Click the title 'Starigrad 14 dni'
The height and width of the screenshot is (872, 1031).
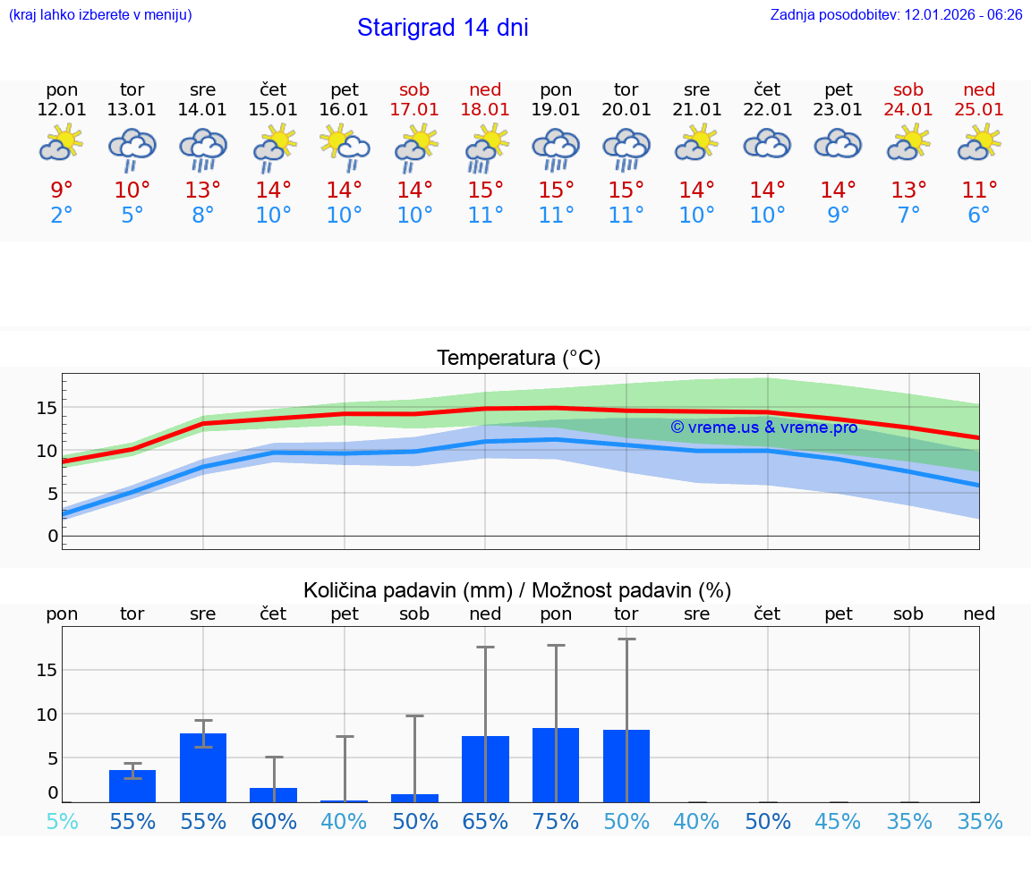click(x=442, y=28)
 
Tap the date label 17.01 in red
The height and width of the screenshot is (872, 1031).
click(x=414, y=109)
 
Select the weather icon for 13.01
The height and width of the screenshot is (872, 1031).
click(x=132, y=148)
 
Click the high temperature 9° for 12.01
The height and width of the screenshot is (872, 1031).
click(x=62, y=190)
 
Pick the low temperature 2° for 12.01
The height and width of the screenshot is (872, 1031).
click(x=62, y=216)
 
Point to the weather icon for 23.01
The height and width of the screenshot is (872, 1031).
click(x=838, y=145)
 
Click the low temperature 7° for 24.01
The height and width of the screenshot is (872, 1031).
click(x=908, y=216)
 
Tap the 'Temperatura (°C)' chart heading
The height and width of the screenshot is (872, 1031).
click(x=518, y=359)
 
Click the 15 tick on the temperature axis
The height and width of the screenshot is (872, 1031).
click(x=47, y=408)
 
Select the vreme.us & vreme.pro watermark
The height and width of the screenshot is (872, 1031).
click(x=764, y=428)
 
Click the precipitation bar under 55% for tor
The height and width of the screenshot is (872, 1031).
click(x=132, y=785)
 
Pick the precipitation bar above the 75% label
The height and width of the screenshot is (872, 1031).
click(x=556, y=765)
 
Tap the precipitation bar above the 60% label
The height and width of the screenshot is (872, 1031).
click(x=274, y=794)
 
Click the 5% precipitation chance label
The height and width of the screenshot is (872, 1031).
click(x=62, y=822)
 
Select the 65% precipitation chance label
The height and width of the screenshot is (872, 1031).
click(x=485, y=822)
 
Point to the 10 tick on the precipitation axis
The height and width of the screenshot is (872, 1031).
click(x=47, y=715)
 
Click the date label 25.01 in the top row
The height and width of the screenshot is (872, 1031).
click(x=979, y=109)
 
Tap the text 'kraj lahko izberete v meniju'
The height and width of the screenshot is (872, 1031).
click(x=100, y=14)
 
